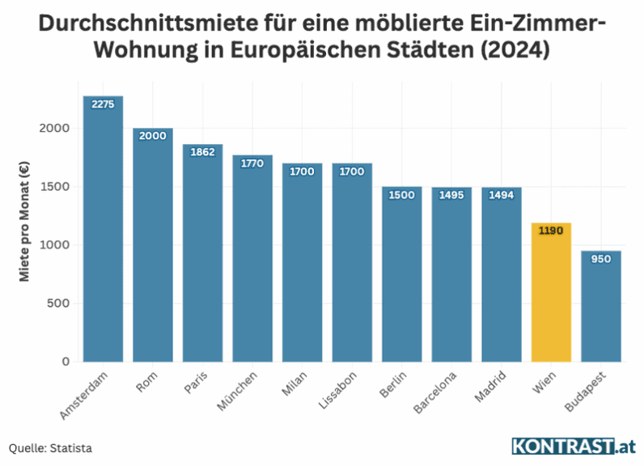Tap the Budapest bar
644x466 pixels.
click(x=601, y=307)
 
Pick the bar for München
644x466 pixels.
click(x=252, y=259)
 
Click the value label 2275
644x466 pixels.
click(x=103, y=104)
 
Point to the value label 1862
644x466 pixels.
click(x=202, y=151)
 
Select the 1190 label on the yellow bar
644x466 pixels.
click(x=551, y=231)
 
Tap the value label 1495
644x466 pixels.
click(x=451, y=194)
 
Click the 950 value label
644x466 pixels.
click(x=601, y=259)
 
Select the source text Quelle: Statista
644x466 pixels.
click(x=50, y=447)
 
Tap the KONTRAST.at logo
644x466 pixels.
click(x=574, y=446)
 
